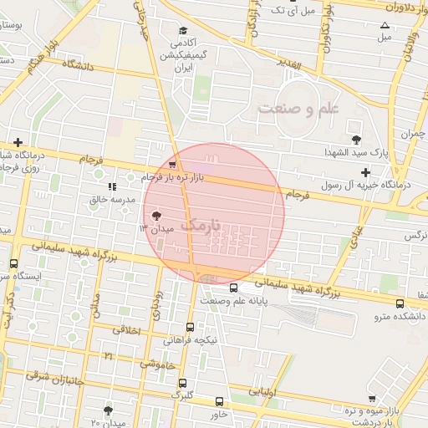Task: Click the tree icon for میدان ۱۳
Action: coord(156,217)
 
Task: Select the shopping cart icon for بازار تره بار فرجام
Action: coord(172,166)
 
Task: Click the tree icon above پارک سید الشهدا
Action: coord(357,139)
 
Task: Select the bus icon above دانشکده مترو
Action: coord(400,303)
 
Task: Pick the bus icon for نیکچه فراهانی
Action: coord(191,327)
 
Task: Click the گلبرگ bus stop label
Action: coord(182,394)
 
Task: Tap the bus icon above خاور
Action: coord(220,401)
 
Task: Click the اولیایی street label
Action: coord(263,390)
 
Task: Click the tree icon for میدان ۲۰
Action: coord(108,410)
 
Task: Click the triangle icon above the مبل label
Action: coord(384,25)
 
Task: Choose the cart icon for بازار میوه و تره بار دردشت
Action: coord(371,399)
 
